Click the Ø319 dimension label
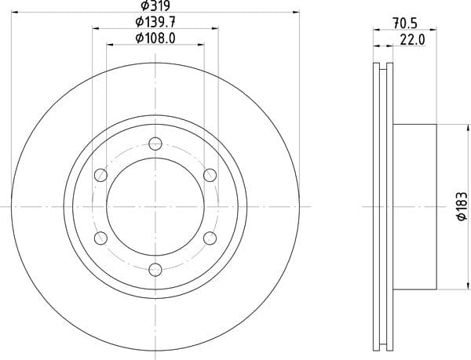155,5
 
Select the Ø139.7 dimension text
155,22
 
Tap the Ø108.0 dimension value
155,38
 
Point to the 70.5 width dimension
404,24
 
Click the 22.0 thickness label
412,40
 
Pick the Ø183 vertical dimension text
462,206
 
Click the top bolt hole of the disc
155,144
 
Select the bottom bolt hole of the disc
155,269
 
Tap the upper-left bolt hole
100,175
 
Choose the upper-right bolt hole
210,175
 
